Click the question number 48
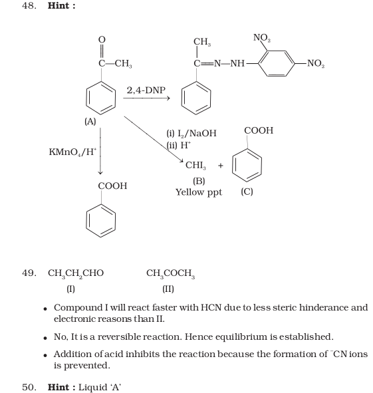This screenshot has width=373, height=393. pos(29,5)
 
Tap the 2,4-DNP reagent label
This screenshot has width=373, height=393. pos(146,90)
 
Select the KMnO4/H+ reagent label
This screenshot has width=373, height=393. pos(72,152)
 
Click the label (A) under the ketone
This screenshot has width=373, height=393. pos(90,122)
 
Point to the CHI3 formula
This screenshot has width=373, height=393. pos(195,166)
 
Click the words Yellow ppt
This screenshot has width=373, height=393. pos(199,192)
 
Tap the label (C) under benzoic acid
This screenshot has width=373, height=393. pos(247,192)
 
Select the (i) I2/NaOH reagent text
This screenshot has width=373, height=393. pos(191,134)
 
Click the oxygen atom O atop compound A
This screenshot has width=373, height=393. pos(102,39)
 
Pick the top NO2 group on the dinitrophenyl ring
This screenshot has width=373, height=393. pos(262,38)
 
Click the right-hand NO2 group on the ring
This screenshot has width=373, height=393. pos(316,63)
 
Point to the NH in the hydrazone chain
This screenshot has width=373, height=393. pos(237,63)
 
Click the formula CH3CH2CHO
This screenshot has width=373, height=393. pos(76,273)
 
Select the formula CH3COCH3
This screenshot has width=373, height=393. pos(170,273)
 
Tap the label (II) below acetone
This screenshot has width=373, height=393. pos(168,289)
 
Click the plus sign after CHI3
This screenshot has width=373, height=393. pos(220,166)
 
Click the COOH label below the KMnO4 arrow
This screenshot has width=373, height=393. pos(112,186)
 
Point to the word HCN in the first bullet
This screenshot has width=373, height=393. pos(211,307)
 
